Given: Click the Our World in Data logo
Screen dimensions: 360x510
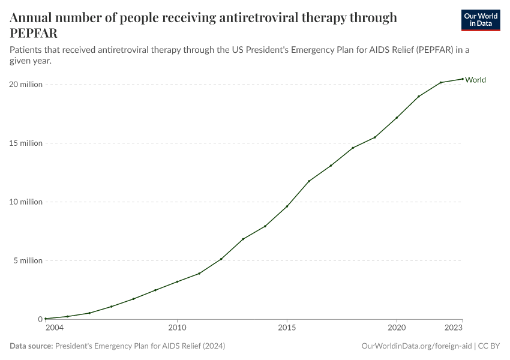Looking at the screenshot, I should (480, 20).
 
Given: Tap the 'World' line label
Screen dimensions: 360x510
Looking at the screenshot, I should (475, 80).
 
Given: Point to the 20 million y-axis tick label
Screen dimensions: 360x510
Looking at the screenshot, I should (26, 85).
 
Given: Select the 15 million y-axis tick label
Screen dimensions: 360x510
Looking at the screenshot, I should (26, 143).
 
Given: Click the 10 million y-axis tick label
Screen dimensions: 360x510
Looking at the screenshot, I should (26, 202).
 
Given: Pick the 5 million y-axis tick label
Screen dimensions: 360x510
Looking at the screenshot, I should (28, 261).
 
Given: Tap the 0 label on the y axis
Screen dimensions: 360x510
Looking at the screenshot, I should (40, 319).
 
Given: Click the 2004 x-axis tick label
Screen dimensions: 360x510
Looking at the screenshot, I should (54, 328).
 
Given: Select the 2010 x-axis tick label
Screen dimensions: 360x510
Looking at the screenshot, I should (177, 328).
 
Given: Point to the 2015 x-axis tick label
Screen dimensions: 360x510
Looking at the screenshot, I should (287, 328).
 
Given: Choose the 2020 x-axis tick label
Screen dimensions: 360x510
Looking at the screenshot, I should (397, 328).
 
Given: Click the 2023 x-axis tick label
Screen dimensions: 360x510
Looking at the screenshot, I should (454, 328).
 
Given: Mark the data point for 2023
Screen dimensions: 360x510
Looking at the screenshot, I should (463, 79).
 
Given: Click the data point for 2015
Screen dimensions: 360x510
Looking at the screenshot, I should (287, 206).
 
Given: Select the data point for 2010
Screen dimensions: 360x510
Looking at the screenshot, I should (177, 281).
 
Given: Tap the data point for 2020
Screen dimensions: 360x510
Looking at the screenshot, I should (397, 118).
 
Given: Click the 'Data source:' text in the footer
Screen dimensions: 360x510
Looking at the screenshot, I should (31, 346).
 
